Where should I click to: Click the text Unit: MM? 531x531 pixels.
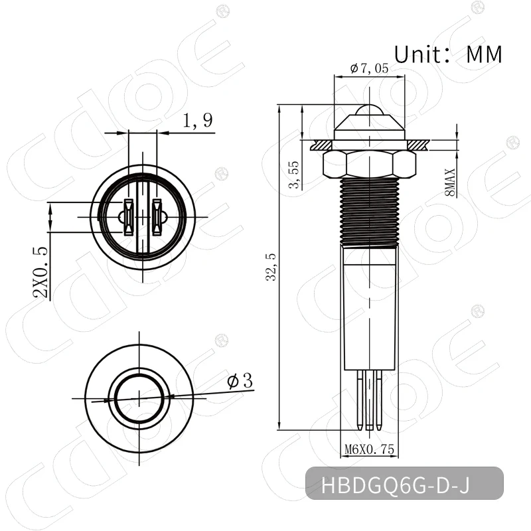[448, 53]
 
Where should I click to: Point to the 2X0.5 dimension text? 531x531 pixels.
[41, 273]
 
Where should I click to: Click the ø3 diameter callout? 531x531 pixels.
[240, 382]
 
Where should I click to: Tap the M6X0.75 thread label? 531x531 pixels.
[370, 450]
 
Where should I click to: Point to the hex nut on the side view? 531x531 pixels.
[368, 163]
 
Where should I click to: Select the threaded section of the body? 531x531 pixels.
[368, 212]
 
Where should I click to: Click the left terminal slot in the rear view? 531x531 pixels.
[127, 217]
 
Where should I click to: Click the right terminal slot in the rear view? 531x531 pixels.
[157, 217]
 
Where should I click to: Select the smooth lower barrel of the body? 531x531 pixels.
[368, 305]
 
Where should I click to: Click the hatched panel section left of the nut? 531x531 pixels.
[319, 143]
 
